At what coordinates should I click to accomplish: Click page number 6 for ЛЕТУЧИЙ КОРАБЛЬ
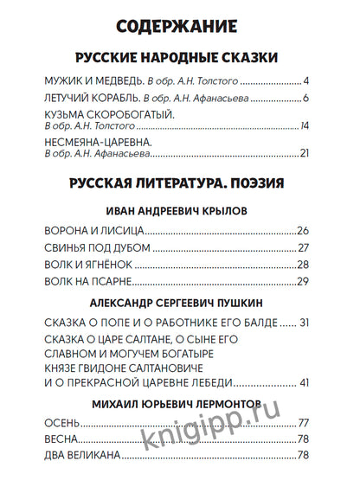click(305, 99)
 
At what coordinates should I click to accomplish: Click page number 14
click(304, 127)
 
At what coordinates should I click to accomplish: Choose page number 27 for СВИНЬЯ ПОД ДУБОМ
click(303, 248)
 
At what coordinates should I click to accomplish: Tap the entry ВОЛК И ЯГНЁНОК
click(88, 265)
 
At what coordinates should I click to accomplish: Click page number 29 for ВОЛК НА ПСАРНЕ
click(303, 282)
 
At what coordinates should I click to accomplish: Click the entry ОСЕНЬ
click(61, 423)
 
